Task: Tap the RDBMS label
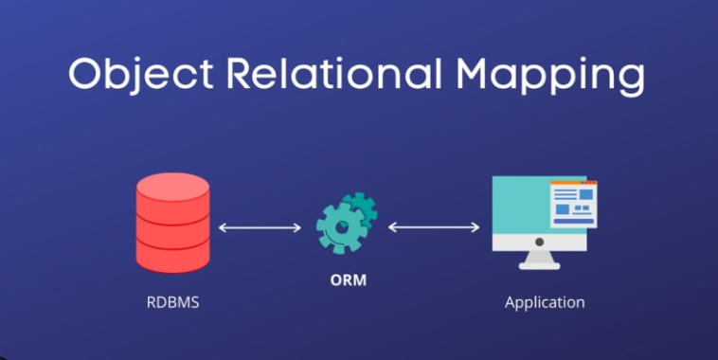click(172, 303)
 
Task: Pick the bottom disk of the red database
click(172, 254)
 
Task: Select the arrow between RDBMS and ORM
click(260, 227)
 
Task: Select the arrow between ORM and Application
click(434, 227)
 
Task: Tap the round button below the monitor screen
click(538, 242)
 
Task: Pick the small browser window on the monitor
click(573, 202)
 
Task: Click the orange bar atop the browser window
click(573, 182)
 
